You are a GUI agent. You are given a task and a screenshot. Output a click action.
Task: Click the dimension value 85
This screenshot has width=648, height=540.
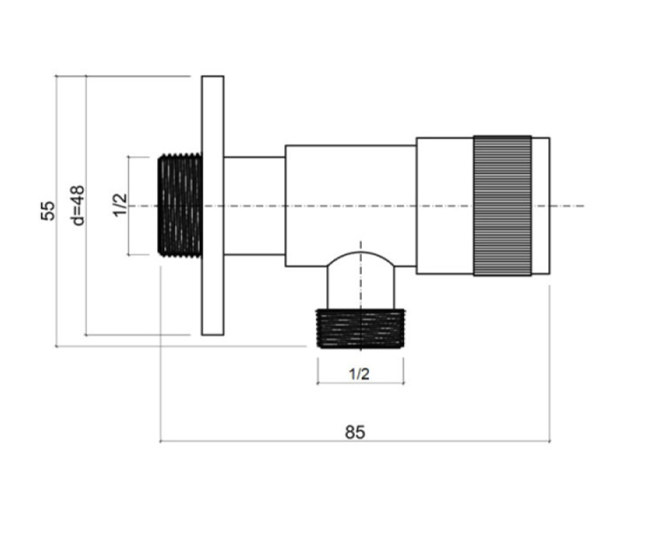(x=355, y=432)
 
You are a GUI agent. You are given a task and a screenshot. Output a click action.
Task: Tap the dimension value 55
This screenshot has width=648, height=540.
(x=48, y=211)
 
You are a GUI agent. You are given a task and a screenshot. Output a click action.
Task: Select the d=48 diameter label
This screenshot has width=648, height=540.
(x=77, y=205)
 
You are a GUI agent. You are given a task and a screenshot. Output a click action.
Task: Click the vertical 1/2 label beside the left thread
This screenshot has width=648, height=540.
(x=120, y=205)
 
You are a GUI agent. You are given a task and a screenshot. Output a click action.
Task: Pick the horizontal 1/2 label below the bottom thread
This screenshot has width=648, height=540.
(x=359, y=374)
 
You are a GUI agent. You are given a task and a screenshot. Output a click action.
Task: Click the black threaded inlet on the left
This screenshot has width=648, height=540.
(x=180, y=205)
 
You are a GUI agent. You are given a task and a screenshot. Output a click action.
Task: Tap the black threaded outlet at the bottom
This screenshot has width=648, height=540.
(x=360, y=329)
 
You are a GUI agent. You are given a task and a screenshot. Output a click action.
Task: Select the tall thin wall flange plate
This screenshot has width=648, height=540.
(x=213, y=205)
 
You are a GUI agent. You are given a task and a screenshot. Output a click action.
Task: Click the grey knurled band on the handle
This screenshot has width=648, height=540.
(x=502, y=205)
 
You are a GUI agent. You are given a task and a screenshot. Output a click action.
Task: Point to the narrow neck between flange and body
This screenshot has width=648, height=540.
(x=254, y=206)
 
